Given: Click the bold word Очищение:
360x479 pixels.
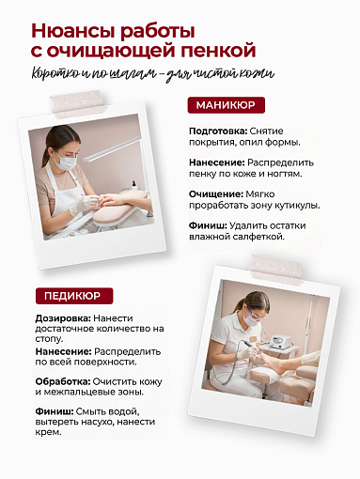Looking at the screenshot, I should pyautogui.click(x=215, y=193).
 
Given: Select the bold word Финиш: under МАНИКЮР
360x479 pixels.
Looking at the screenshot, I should pyautogui.click(x=204, y=225).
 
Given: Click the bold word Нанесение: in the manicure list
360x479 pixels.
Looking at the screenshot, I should pyautogui.click(x=216, y=162).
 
